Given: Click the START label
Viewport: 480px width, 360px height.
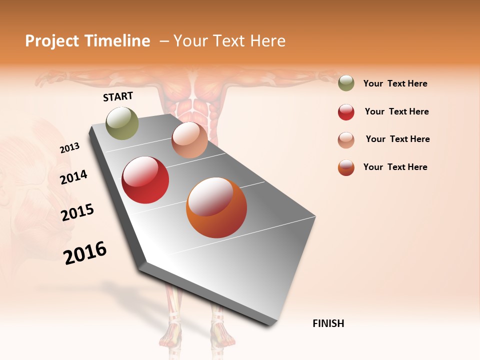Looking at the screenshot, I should pyautogui.click(x=118, y=96).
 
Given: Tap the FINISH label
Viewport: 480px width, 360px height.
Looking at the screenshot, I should pyautogui.click(x=328, y=323).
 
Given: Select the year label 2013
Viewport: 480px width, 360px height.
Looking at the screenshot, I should pyautogui.click(x=70, y=148).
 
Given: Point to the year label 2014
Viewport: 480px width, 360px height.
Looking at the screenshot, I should pyautogui.click(x=74, y=177).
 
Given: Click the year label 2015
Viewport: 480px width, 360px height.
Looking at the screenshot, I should pyautogui.click(x=77, y=212).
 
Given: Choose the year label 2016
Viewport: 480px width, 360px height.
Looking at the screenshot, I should pyautogui.click(x=85, y=252).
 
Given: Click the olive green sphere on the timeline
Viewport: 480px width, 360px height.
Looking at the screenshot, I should pyautogui.click(x=122, y=123).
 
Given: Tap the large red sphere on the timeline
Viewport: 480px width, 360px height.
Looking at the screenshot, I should pyautogui.click(x=145, y=180).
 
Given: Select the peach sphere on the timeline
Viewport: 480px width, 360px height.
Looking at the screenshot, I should pyautogui.click(x=189, y=140).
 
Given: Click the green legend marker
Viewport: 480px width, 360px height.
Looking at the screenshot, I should pyautogui.click(x=346, y=83).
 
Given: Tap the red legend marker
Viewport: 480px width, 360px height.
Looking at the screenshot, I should pyautogui.click(x=346, y=112).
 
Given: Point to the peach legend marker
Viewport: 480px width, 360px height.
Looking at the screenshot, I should pyautogui.click(x=346, y=140).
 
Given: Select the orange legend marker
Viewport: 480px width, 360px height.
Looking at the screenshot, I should pyautogui.click(x=346, y=167).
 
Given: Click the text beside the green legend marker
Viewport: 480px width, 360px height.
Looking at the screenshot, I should pyautogui.click(x=395, y=84).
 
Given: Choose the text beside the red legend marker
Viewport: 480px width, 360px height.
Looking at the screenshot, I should pyautogui.click(x=396, y=112).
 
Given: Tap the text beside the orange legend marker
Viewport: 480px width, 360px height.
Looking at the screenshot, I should pyautogui.click(x=395, y=167).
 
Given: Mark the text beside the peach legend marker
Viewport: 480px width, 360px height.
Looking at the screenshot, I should pyautogui.click(x=397, y=139).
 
